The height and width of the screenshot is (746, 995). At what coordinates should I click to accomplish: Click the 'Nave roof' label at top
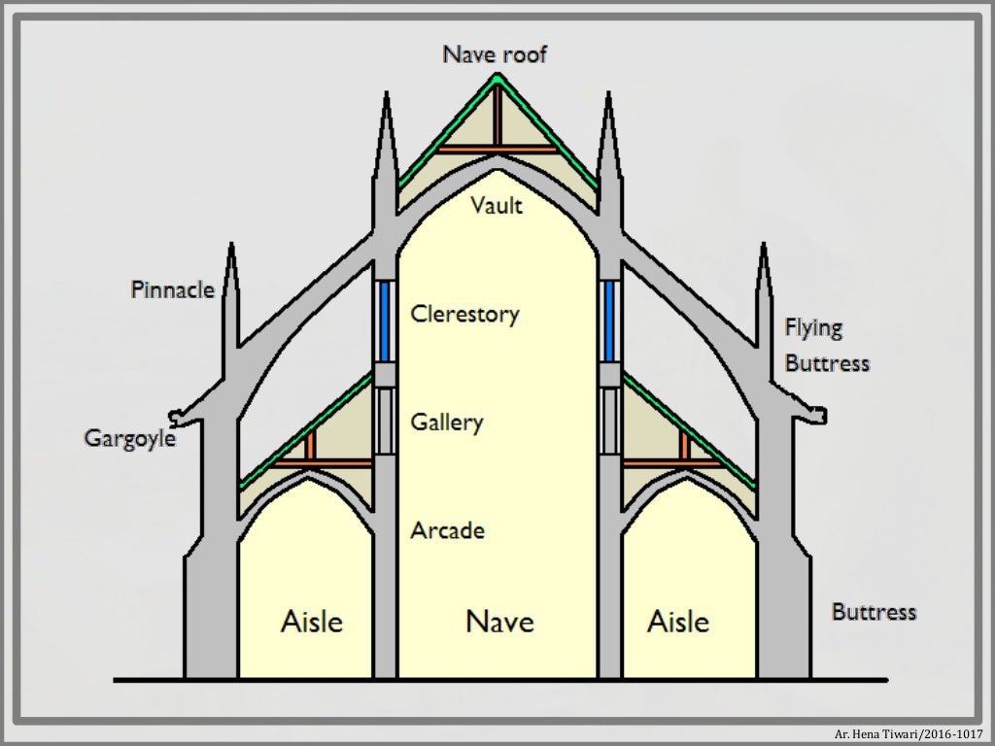coord(495,54)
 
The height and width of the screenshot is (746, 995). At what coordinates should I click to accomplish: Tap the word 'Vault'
coord(497,206)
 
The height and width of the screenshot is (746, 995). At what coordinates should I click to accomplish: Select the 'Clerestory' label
coord(464,315)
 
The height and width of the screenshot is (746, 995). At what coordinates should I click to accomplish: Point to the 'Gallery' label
coord(446,423)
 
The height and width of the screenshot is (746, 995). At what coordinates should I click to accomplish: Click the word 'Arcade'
coord(447,531)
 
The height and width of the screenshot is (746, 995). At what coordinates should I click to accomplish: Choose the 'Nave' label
coord(499,621)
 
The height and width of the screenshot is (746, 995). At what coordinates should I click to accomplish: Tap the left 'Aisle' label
coord(312,621)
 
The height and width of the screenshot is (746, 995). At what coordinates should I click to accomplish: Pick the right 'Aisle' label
coord(678,621)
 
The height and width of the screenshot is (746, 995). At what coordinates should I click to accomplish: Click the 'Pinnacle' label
coord(173,289)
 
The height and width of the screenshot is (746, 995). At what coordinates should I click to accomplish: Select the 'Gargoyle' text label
coord(129,438)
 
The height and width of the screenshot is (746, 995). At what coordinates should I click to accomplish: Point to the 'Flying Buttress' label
coord(826,346)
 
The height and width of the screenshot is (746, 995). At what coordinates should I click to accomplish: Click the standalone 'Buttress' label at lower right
coord(874,612)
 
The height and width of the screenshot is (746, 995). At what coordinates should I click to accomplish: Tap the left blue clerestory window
coord(386,321)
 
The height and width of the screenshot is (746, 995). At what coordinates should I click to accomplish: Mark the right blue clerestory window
coord(609,321)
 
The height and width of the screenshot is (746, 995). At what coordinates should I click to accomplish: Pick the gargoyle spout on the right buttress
coord(818,416)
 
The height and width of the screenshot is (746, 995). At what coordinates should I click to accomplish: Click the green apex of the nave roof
coord(497,78)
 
